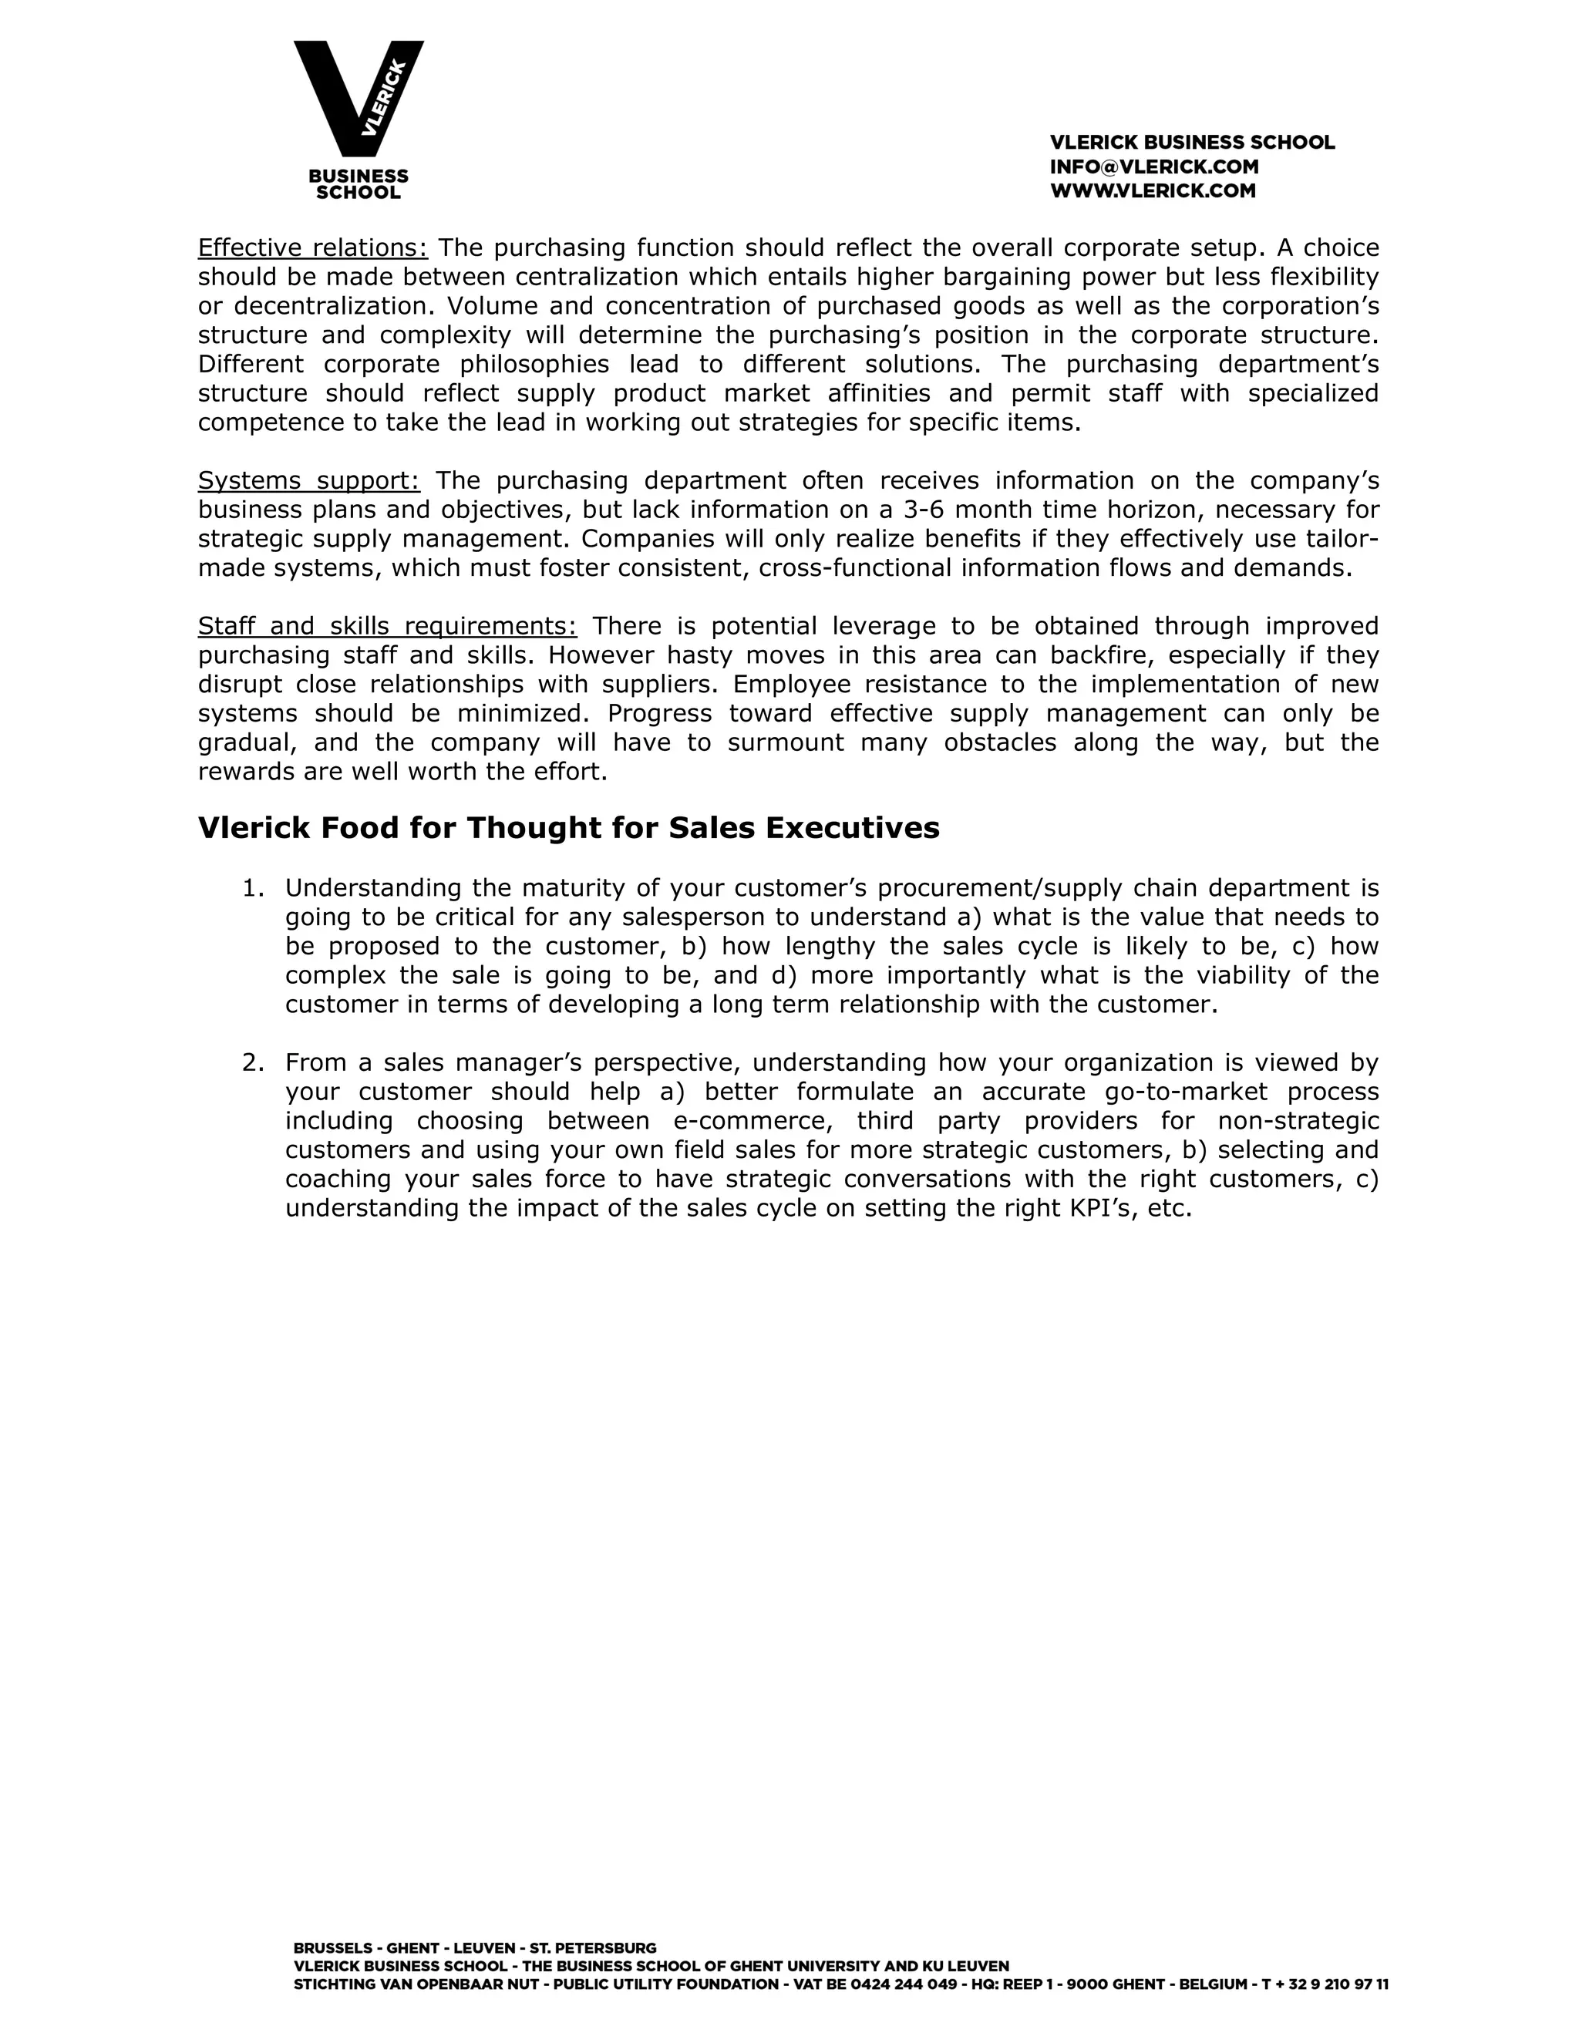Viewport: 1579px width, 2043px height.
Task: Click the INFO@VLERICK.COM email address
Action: click(1153, 167)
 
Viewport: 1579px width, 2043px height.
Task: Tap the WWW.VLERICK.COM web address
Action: click(1153, 192)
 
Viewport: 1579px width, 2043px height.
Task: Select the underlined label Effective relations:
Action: click(312, 248)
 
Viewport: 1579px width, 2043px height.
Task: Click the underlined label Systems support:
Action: click(308, 481)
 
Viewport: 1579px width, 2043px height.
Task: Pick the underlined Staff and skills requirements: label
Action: click(387, 626)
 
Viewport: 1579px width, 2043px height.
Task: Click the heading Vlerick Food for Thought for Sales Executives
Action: click(567, 828)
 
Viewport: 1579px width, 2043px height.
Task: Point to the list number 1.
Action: click(253, 887)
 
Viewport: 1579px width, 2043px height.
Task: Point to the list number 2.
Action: click(253, 1062)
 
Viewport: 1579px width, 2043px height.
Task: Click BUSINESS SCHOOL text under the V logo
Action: click(359, 184)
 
